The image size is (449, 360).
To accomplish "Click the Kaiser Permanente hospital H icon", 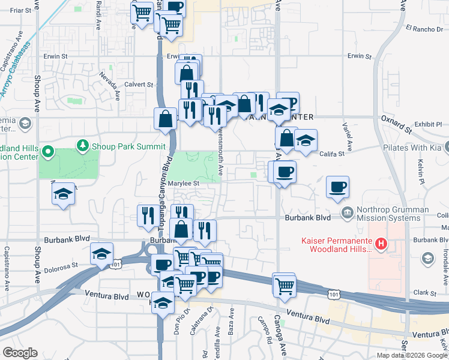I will (x=379, y=244).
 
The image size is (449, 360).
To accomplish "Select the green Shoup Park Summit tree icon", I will (x=82, y=146).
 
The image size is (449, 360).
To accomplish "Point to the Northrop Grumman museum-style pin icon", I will (x=347, y=212).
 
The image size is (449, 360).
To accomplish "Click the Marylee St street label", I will (x=183, y=183).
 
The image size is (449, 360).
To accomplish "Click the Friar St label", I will (x=20, y=10).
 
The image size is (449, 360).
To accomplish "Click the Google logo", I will (x=20, y=352).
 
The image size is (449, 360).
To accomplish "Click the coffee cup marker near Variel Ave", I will (x=338, y=186).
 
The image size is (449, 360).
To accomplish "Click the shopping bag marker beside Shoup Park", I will (x=165, y=119).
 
